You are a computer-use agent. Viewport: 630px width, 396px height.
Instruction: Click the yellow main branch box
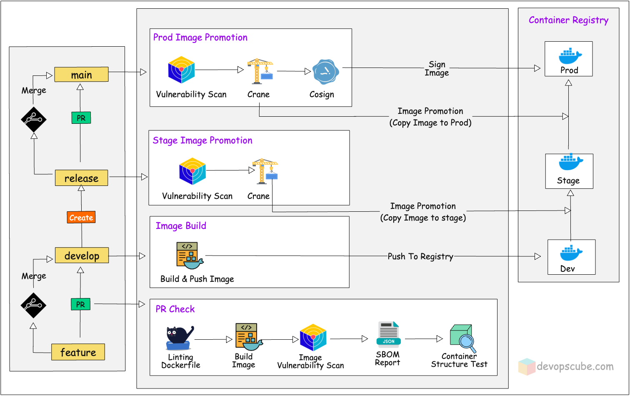pos(81,75)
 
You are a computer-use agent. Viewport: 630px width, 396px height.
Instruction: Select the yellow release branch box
pos(81,178)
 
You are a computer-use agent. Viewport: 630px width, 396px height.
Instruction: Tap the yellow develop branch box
pos(82,256)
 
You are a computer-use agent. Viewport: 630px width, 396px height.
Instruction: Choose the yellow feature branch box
pos(78,352)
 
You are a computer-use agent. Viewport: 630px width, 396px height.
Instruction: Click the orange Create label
pos(81,218)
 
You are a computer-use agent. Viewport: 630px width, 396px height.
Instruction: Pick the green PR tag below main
pos(81,118)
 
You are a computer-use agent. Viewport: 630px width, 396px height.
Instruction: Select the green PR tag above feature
pos(80,304)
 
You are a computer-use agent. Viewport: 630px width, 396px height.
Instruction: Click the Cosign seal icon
pos(325,72)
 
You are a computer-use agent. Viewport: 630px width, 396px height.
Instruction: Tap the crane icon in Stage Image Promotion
pos(265,171)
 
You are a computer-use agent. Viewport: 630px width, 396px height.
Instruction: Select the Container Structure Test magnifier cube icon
pos(462,338)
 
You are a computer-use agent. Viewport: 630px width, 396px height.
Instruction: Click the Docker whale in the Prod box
pos(569,55)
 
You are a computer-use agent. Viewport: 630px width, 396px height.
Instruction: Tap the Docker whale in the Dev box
pos(571,253)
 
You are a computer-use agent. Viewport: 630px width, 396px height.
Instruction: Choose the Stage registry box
pos(569,171)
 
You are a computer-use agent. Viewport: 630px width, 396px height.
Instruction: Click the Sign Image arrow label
pos(437,68)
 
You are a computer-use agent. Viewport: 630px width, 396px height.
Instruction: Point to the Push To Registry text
pos(420,256)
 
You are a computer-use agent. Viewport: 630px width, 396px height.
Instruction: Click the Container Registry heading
pos(568,20)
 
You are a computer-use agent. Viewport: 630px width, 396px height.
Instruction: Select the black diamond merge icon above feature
pos(33,305)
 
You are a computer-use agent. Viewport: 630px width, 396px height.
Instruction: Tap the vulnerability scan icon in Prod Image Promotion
pos(181,70)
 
